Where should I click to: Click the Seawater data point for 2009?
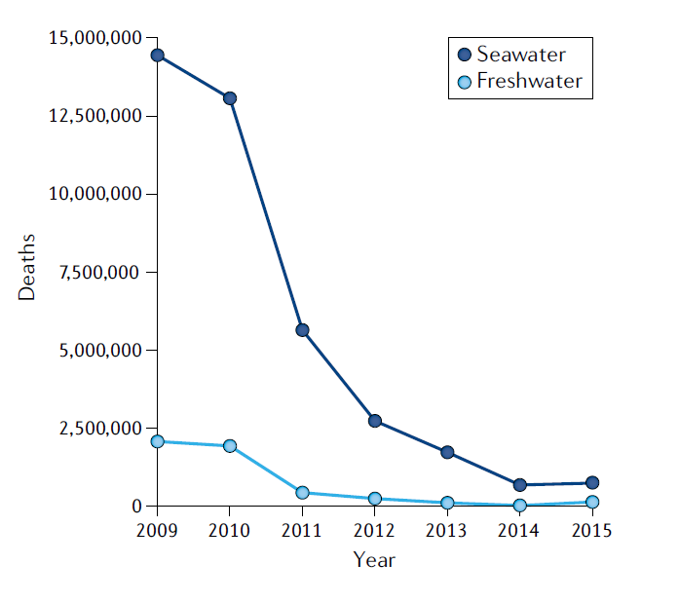click(157, 56)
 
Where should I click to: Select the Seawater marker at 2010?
click(230, 98)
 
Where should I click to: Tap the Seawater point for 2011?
click(302, 330)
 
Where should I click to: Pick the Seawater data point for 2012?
click(374, 421)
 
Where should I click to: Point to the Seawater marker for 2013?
click(447, 452)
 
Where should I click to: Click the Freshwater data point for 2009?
click(157, 441)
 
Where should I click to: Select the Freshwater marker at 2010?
click(230, 446)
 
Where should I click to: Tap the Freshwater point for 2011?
click(302, 493)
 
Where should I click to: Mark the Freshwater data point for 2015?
click(591, 502)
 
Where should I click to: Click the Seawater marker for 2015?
click(591, 482)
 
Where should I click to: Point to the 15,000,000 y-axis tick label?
click(95, 38)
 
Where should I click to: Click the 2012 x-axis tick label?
click(374, 530)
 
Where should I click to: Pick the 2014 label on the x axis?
click(519, 530)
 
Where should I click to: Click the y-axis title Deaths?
click(27, 266)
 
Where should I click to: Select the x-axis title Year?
click(374, 560)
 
